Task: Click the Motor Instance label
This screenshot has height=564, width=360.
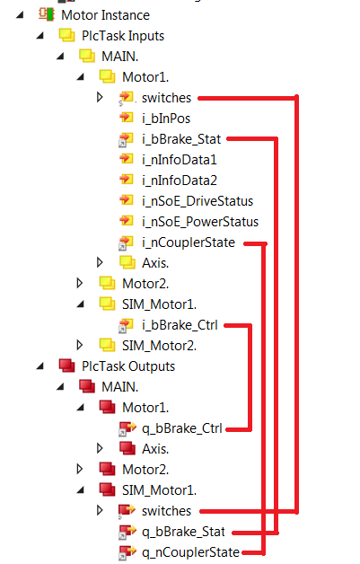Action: [x=105, y=15]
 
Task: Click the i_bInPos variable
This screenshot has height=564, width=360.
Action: [x=165, y=118]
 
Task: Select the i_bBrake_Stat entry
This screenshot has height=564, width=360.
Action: [x=181, y=138]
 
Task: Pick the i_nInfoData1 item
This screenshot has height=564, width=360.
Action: [x=180, y=159]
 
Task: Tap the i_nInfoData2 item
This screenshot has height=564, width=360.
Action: [x=180, y=180]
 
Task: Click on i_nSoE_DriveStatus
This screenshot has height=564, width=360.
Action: [x=198, y=200]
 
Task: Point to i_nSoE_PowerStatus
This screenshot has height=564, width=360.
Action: [x=199, y=221]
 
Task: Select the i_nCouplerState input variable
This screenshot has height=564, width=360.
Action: [x=189, y=242]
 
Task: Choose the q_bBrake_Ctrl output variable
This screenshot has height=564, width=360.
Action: [x=180, y=427]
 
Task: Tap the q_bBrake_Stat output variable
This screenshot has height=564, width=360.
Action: [x=181, y=531]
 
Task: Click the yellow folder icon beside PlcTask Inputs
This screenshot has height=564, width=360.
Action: [x=66, y=36]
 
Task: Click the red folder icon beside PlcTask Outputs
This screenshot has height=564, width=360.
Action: [x=66, y=366]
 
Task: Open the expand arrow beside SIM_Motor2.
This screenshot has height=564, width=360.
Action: [x=81, y=345]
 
